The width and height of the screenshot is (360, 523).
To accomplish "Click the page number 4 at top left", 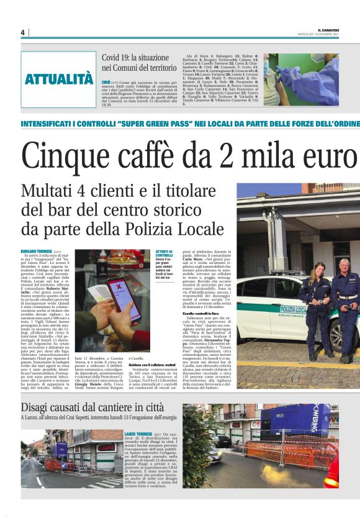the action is (x=22, y=33).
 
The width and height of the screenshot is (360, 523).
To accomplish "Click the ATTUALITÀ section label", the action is (x=59, y=79).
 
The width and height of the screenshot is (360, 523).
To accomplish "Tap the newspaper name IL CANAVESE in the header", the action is (x=328, y=30).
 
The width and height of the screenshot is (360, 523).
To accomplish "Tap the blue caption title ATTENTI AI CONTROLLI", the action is (x=164, y=253).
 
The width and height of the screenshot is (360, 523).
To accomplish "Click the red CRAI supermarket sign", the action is (x=106, y=447).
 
